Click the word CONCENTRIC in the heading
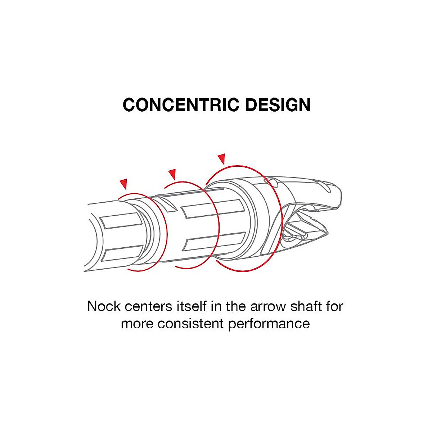(x=181, y=105)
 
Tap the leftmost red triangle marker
(x=124, y=184)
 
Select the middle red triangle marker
(x=172, y=174)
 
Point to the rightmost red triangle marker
(x=221, y=159)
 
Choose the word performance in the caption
(x=269, y=323)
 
